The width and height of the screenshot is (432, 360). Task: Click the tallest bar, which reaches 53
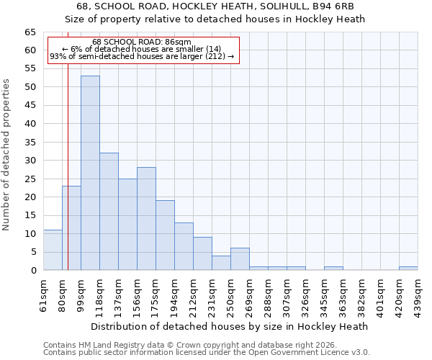point(90,173)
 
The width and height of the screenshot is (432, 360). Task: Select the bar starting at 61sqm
point(53,250)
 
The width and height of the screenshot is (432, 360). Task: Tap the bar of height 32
point(109,211)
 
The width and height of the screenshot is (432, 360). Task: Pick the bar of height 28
point(146,218)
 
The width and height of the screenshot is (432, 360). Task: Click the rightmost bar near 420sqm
point(408,269)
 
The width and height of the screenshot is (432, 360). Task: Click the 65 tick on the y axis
point(30,32)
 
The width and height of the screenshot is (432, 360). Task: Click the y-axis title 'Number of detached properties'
point(6,155)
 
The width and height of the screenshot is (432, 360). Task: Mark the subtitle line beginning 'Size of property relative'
point(216,19)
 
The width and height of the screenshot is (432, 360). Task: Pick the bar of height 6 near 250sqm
point(240,259)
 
